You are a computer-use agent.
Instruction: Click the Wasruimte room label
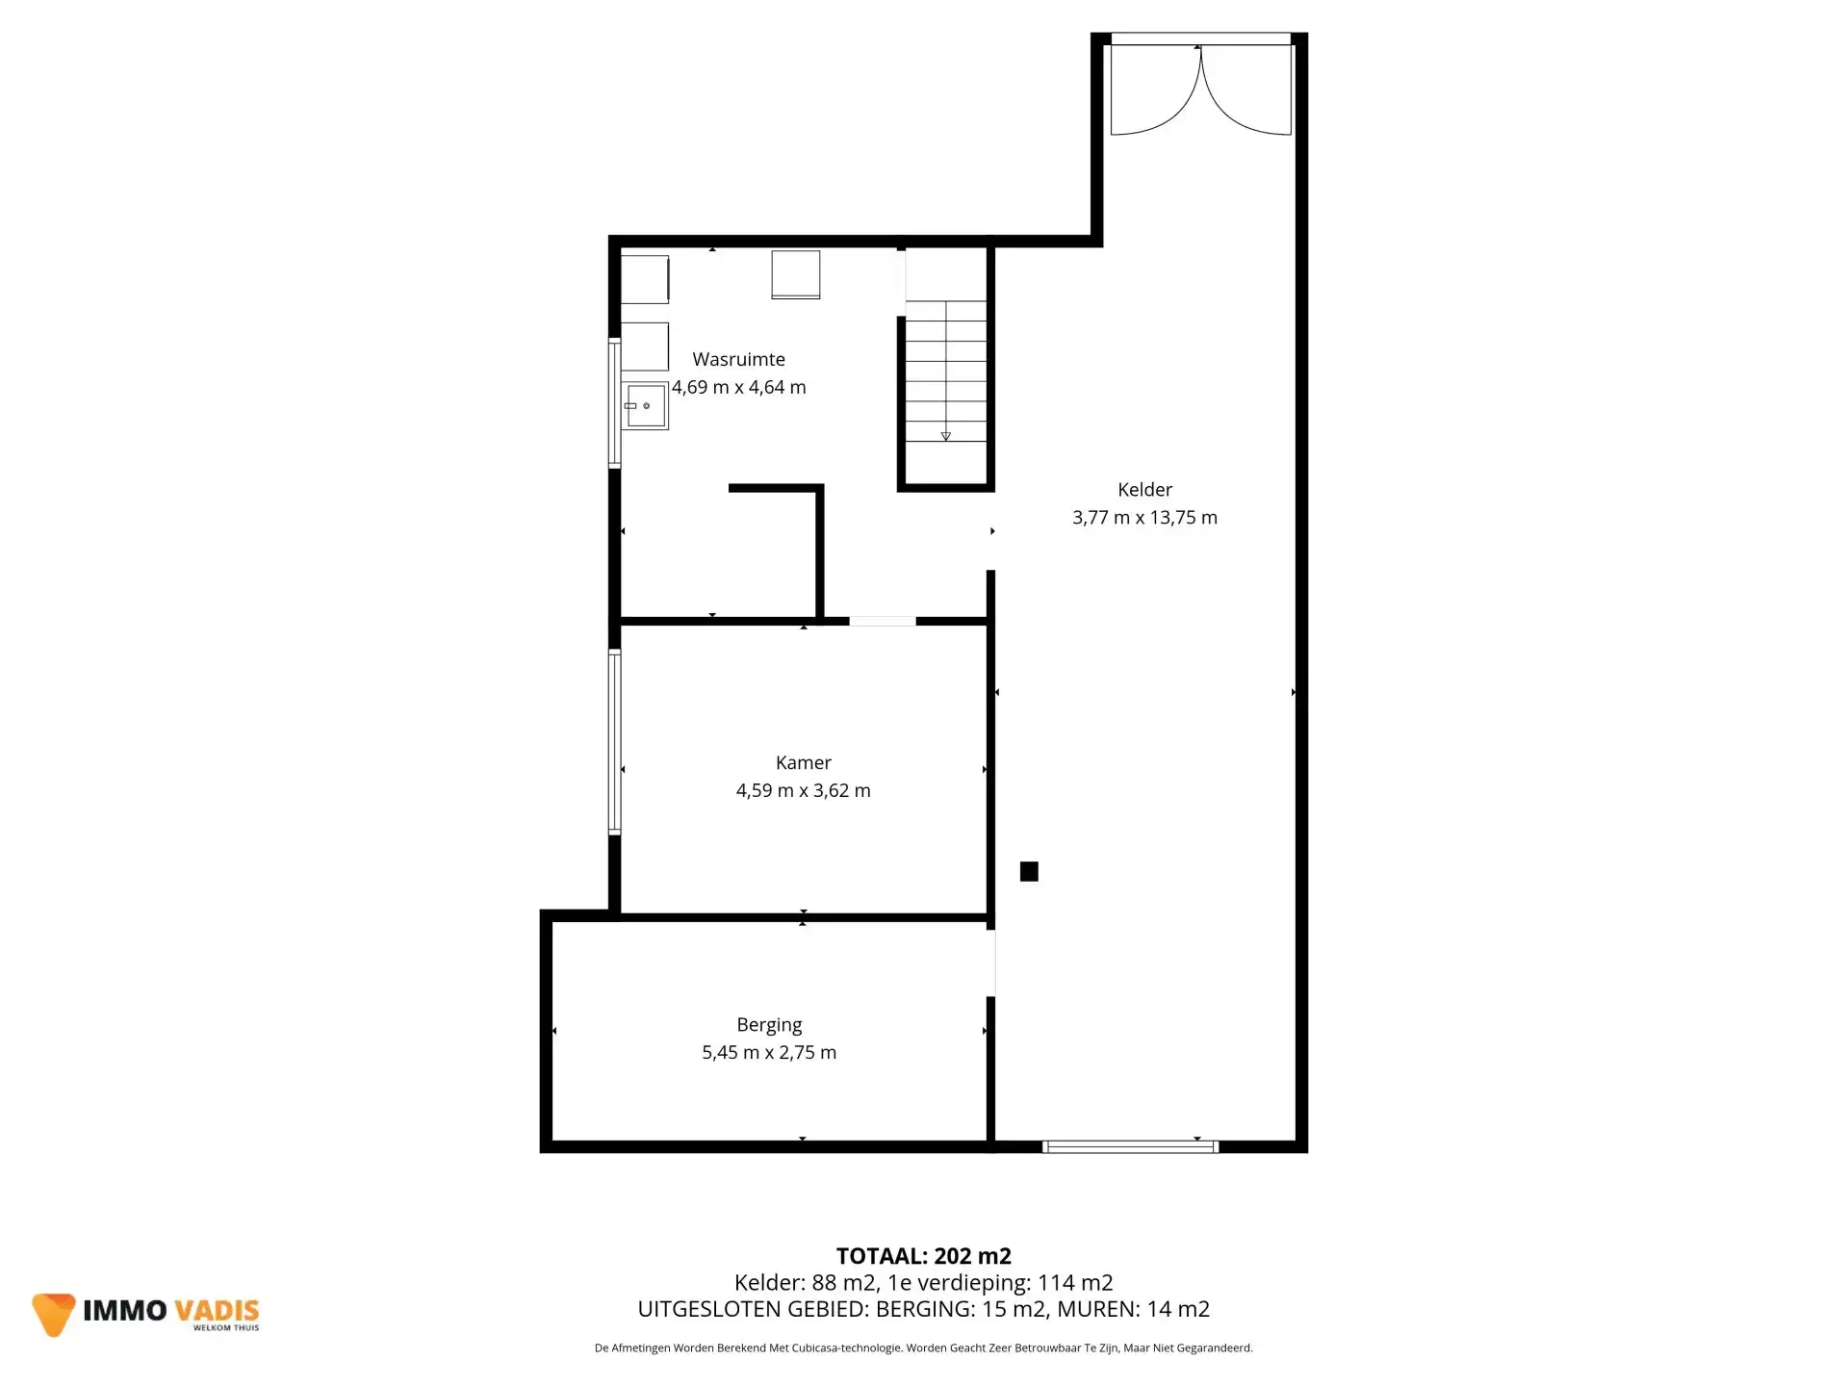[738, 359]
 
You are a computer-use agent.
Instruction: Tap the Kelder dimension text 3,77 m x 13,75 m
[1144, 518]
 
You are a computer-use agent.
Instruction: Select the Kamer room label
[803, 762]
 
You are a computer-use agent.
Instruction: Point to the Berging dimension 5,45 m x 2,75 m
[769, 1053]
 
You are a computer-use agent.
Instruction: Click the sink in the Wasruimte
[645, 406]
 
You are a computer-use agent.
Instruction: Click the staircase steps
[946, 372]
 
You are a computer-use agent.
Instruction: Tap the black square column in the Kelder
[1029, 871]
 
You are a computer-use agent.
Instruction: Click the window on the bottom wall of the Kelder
[1131, 1146]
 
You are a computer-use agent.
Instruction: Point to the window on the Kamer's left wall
[614, 741]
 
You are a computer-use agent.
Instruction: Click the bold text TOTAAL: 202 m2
[924, 1256]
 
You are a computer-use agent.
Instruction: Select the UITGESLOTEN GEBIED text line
[924, 1309]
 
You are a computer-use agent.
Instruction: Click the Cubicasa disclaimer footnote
[924, 1348]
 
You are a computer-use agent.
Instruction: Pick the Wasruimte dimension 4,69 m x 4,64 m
[738, 387]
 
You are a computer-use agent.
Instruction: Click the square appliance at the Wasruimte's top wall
[796, 275]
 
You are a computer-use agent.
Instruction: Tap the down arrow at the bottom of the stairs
[946, 436]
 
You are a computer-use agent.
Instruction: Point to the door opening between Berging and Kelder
[991, 962]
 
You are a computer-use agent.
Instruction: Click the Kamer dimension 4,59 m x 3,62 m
[803, 791]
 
